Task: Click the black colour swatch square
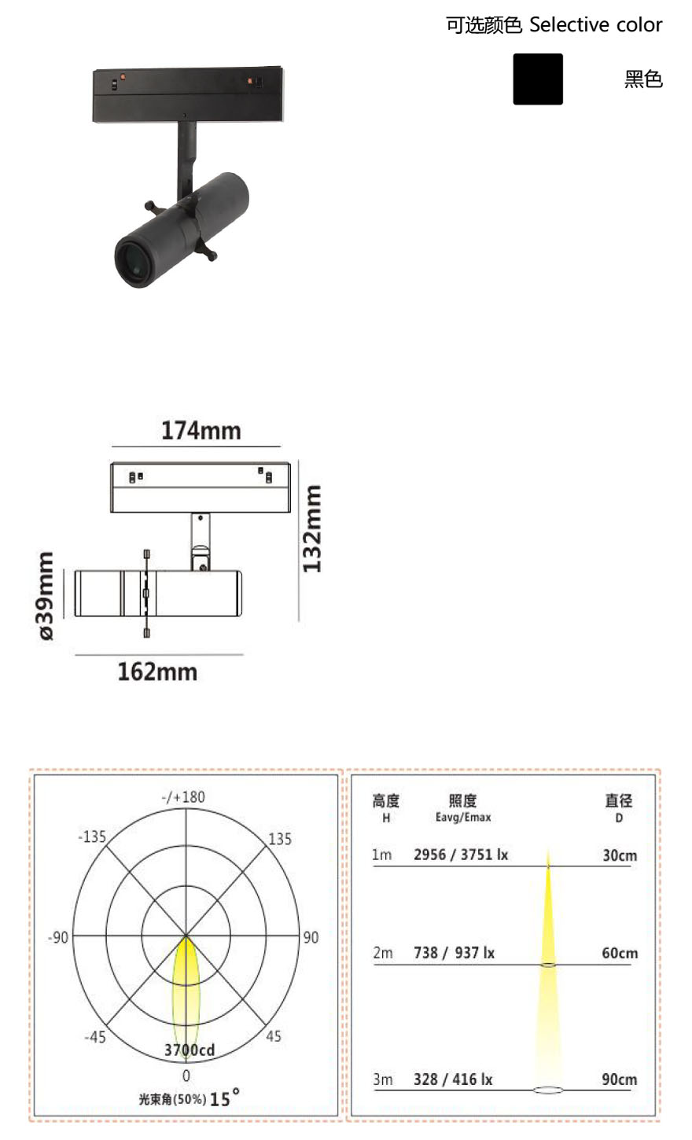coord(538,79)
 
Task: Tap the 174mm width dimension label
coord(201,431)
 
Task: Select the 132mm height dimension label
coord(311,529)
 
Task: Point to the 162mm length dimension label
coord(157,671)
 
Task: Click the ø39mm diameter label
coord(46,595)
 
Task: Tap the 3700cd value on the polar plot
coord(190,1050)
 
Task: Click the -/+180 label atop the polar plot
coord(183,797)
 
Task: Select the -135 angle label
coord(92,837)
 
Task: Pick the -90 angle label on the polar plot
coord(58,937)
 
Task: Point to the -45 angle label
coord(95,1037)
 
